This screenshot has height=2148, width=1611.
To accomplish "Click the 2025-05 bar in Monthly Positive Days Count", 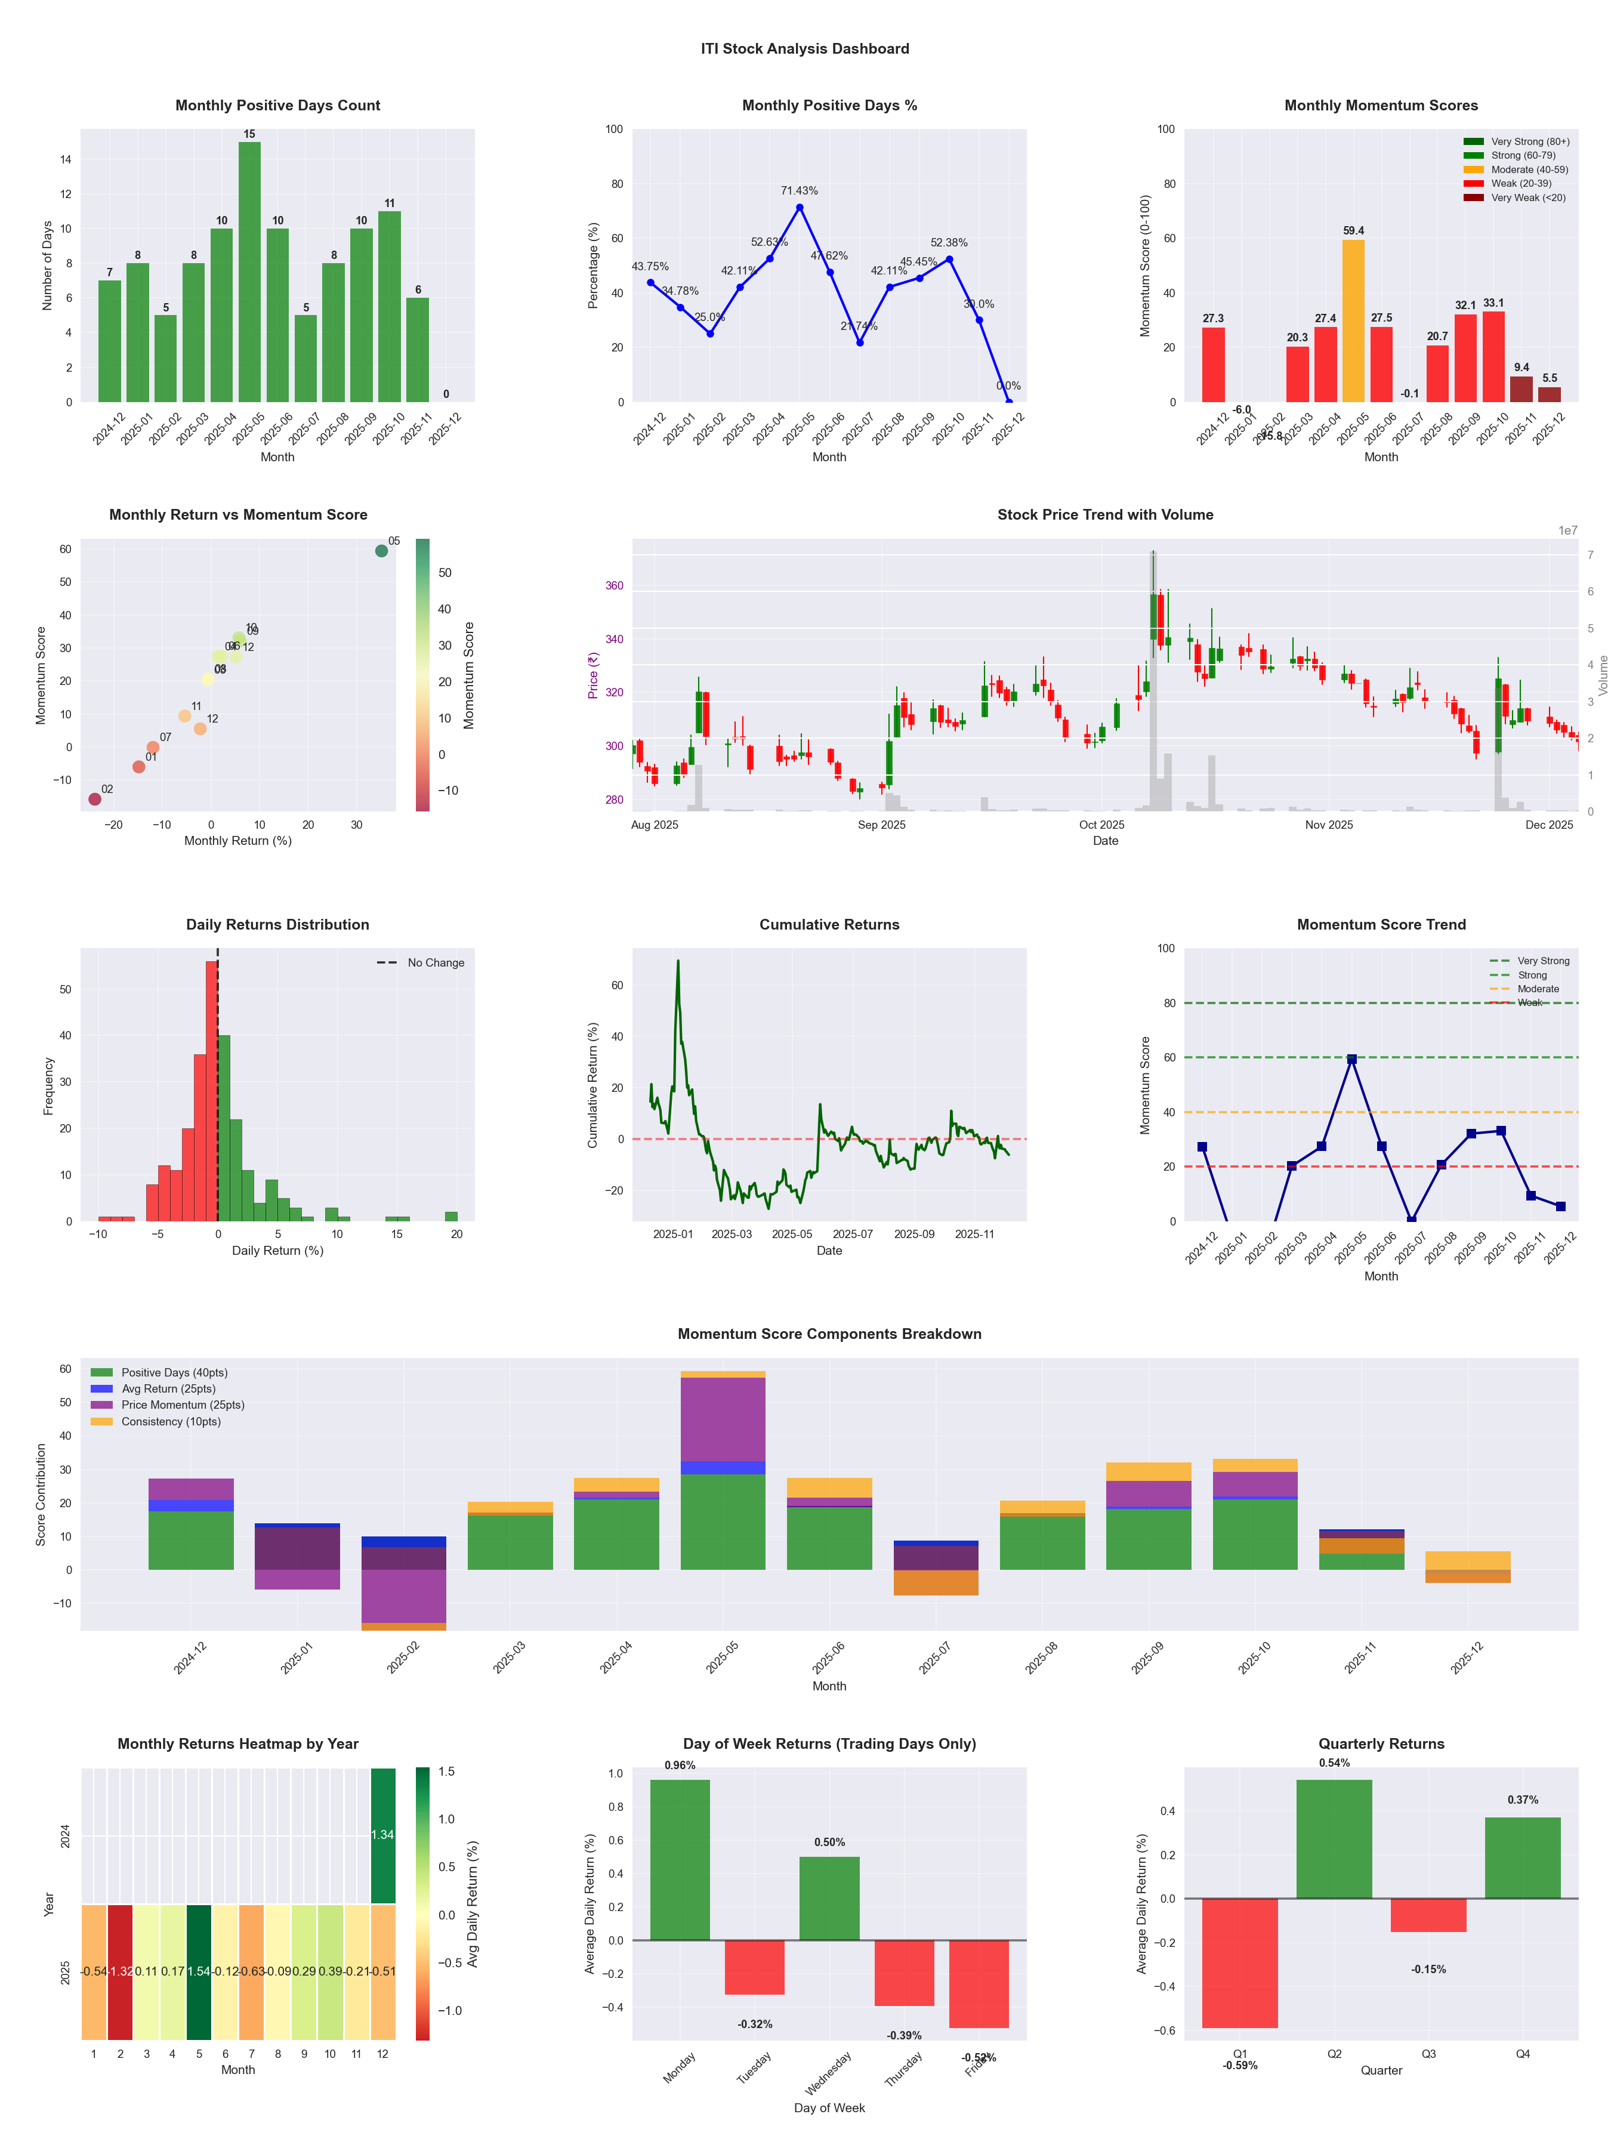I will tap(249, 272).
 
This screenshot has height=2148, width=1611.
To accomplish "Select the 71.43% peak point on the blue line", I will tap(799, 207).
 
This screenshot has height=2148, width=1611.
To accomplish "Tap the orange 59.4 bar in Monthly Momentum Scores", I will tap(1353, 320).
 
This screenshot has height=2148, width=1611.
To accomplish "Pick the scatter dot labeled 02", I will tap(94, 799).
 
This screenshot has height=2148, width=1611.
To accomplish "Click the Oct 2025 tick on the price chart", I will tap(1101, 825).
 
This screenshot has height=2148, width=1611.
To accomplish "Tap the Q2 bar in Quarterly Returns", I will tap(1334, 1838).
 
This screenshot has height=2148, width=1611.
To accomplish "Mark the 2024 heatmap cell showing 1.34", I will tap(382, 1834).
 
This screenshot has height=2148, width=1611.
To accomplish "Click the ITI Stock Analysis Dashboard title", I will tap(805, 48).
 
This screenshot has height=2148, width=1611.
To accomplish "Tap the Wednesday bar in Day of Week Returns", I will tap(829, 1899).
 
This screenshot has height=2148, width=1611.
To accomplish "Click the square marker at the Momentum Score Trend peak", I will tap(1351, 1060).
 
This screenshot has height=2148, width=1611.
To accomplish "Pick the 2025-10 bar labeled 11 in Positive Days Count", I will tap(390, 306).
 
